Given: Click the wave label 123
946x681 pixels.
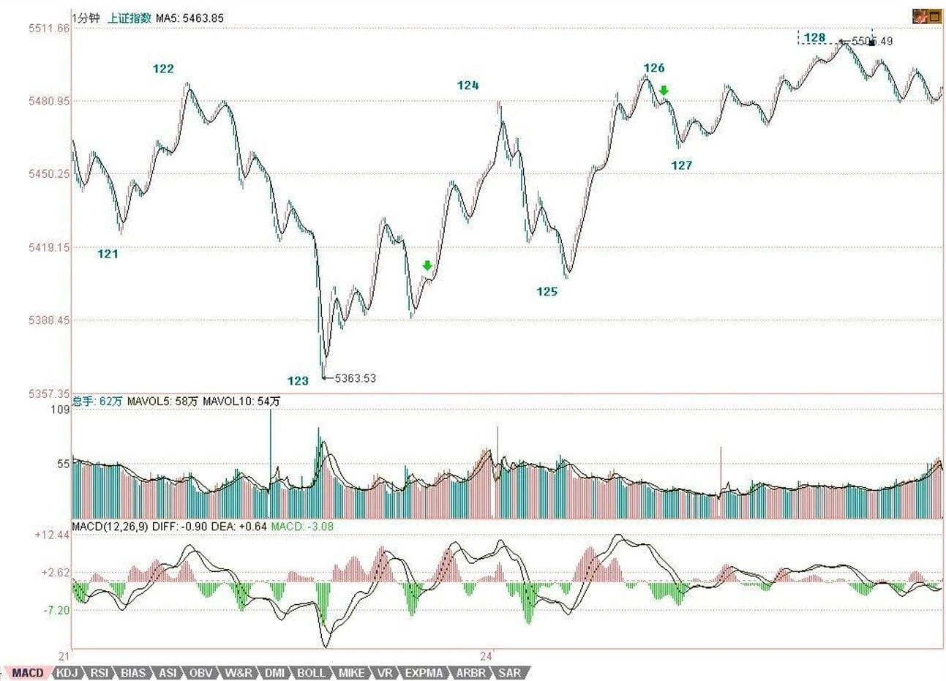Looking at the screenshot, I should pos(298,380).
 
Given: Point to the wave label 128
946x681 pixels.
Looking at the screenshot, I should pos(814,38).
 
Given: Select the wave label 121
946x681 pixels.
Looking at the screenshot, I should pos(108,254).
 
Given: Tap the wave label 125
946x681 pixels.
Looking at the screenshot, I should pos(547,292).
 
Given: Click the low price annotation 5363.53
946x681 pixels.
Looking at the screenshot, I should pos(355,378).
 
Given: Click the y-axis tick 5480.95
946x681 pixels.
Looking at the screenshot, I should pos(49,101).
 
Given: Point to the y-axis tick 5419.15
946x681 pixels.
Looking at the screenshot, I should pos(49,247).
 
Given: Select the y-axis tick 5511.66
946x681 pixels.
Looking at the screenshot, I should pos(49,29).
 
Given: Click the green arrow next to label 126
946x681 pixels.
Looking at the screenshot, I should pos(664,90).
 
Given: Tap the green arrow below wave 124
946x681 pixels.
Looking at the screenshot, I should pos(427,266).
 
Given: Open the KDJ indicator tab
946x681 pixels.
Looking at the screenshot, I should pos(67,673).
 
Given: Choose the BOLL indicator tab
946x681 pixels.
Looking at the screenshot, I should pos(311,673).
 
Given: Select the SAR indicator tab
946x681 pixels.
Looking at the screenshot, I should pos(510,673).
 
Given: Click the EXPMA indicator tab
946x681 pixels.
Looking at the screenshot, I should pos(424,673).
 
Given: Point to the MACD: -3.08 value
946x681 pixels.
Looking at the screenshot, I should pos(301,526).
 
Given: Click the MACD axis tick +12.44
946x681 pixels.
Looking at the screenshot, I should pos(52,535).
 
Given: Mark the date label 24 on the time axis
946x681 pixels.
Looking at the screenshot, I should pos(486,655).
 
